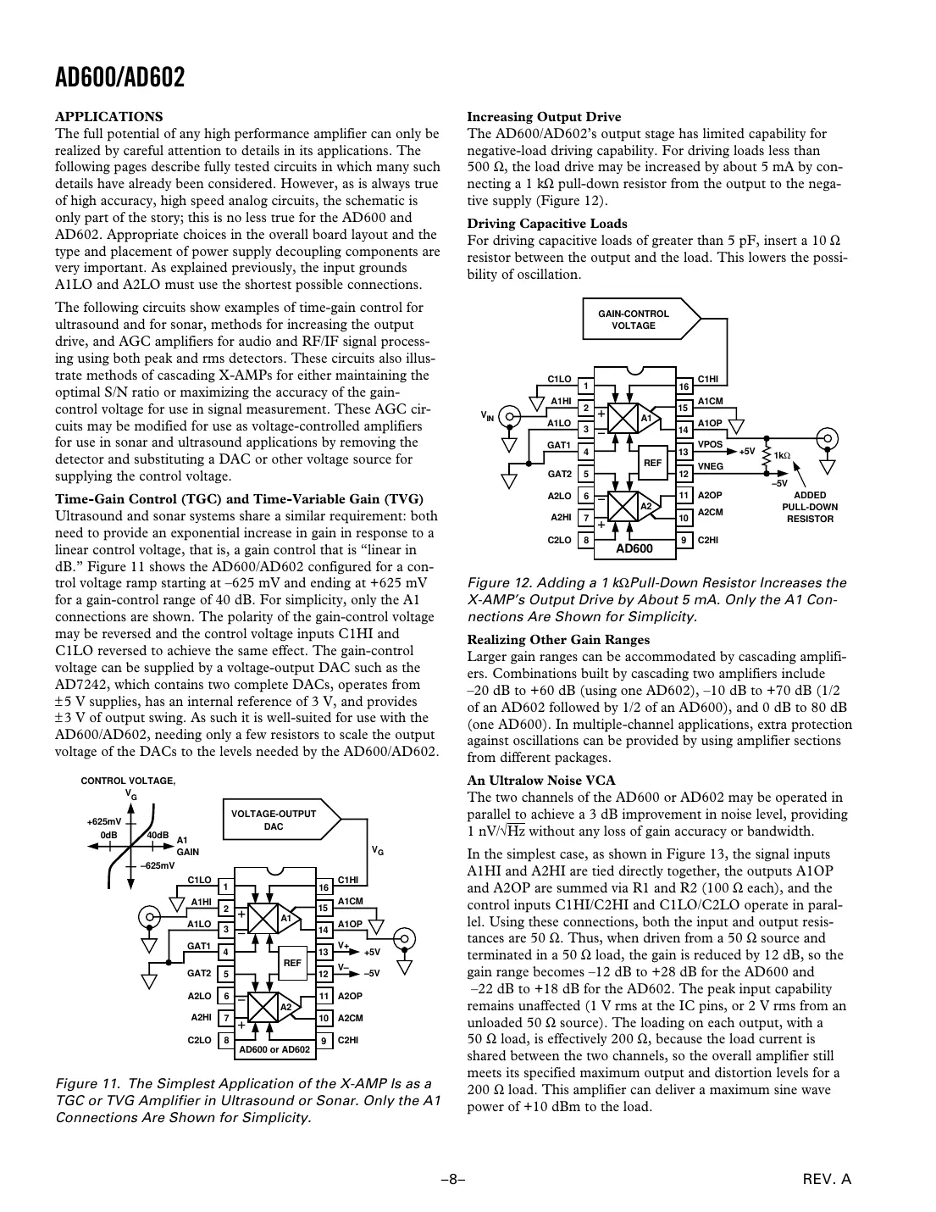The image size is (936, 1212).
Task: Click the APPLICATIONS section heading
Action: tap(108, 117)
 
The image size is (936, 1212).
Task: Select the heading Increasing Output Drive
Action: tap(544, 117)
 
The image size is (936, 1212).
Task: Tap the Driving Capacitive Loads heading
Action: tap(547, 224)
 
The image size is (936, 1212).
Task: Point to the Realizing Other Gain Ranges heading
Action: tap(558, 640)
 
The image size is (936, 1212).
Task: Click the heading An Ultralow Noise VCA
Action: tap(541, 781)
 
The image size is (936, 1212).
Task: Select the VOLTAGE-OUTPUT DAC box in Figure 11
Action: tap(273, 820)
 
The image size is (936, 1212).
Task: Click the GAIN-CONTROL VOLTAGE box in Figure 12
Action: tap(634, 320)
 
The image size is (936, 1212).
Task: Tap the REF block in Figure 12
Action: tap(652, 463)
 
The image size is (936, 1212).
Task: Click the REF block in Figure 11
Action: tap(292, 963)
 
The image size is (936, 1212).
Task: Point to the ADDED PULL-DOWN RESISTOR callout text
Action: tap(809, 507)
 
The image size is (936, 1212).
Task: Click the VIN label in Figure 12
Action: tap(487, 416)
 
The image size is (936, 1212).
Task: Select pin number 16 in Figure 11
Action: tap(323, 887)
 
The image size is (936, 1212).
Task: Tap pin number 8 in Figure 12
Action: tap(584, 539)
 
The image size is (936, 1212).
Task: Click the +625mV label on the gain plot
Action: tap(104, 821)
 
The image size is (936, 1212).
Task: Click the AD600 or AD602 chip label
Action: tap(274, 1049)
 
